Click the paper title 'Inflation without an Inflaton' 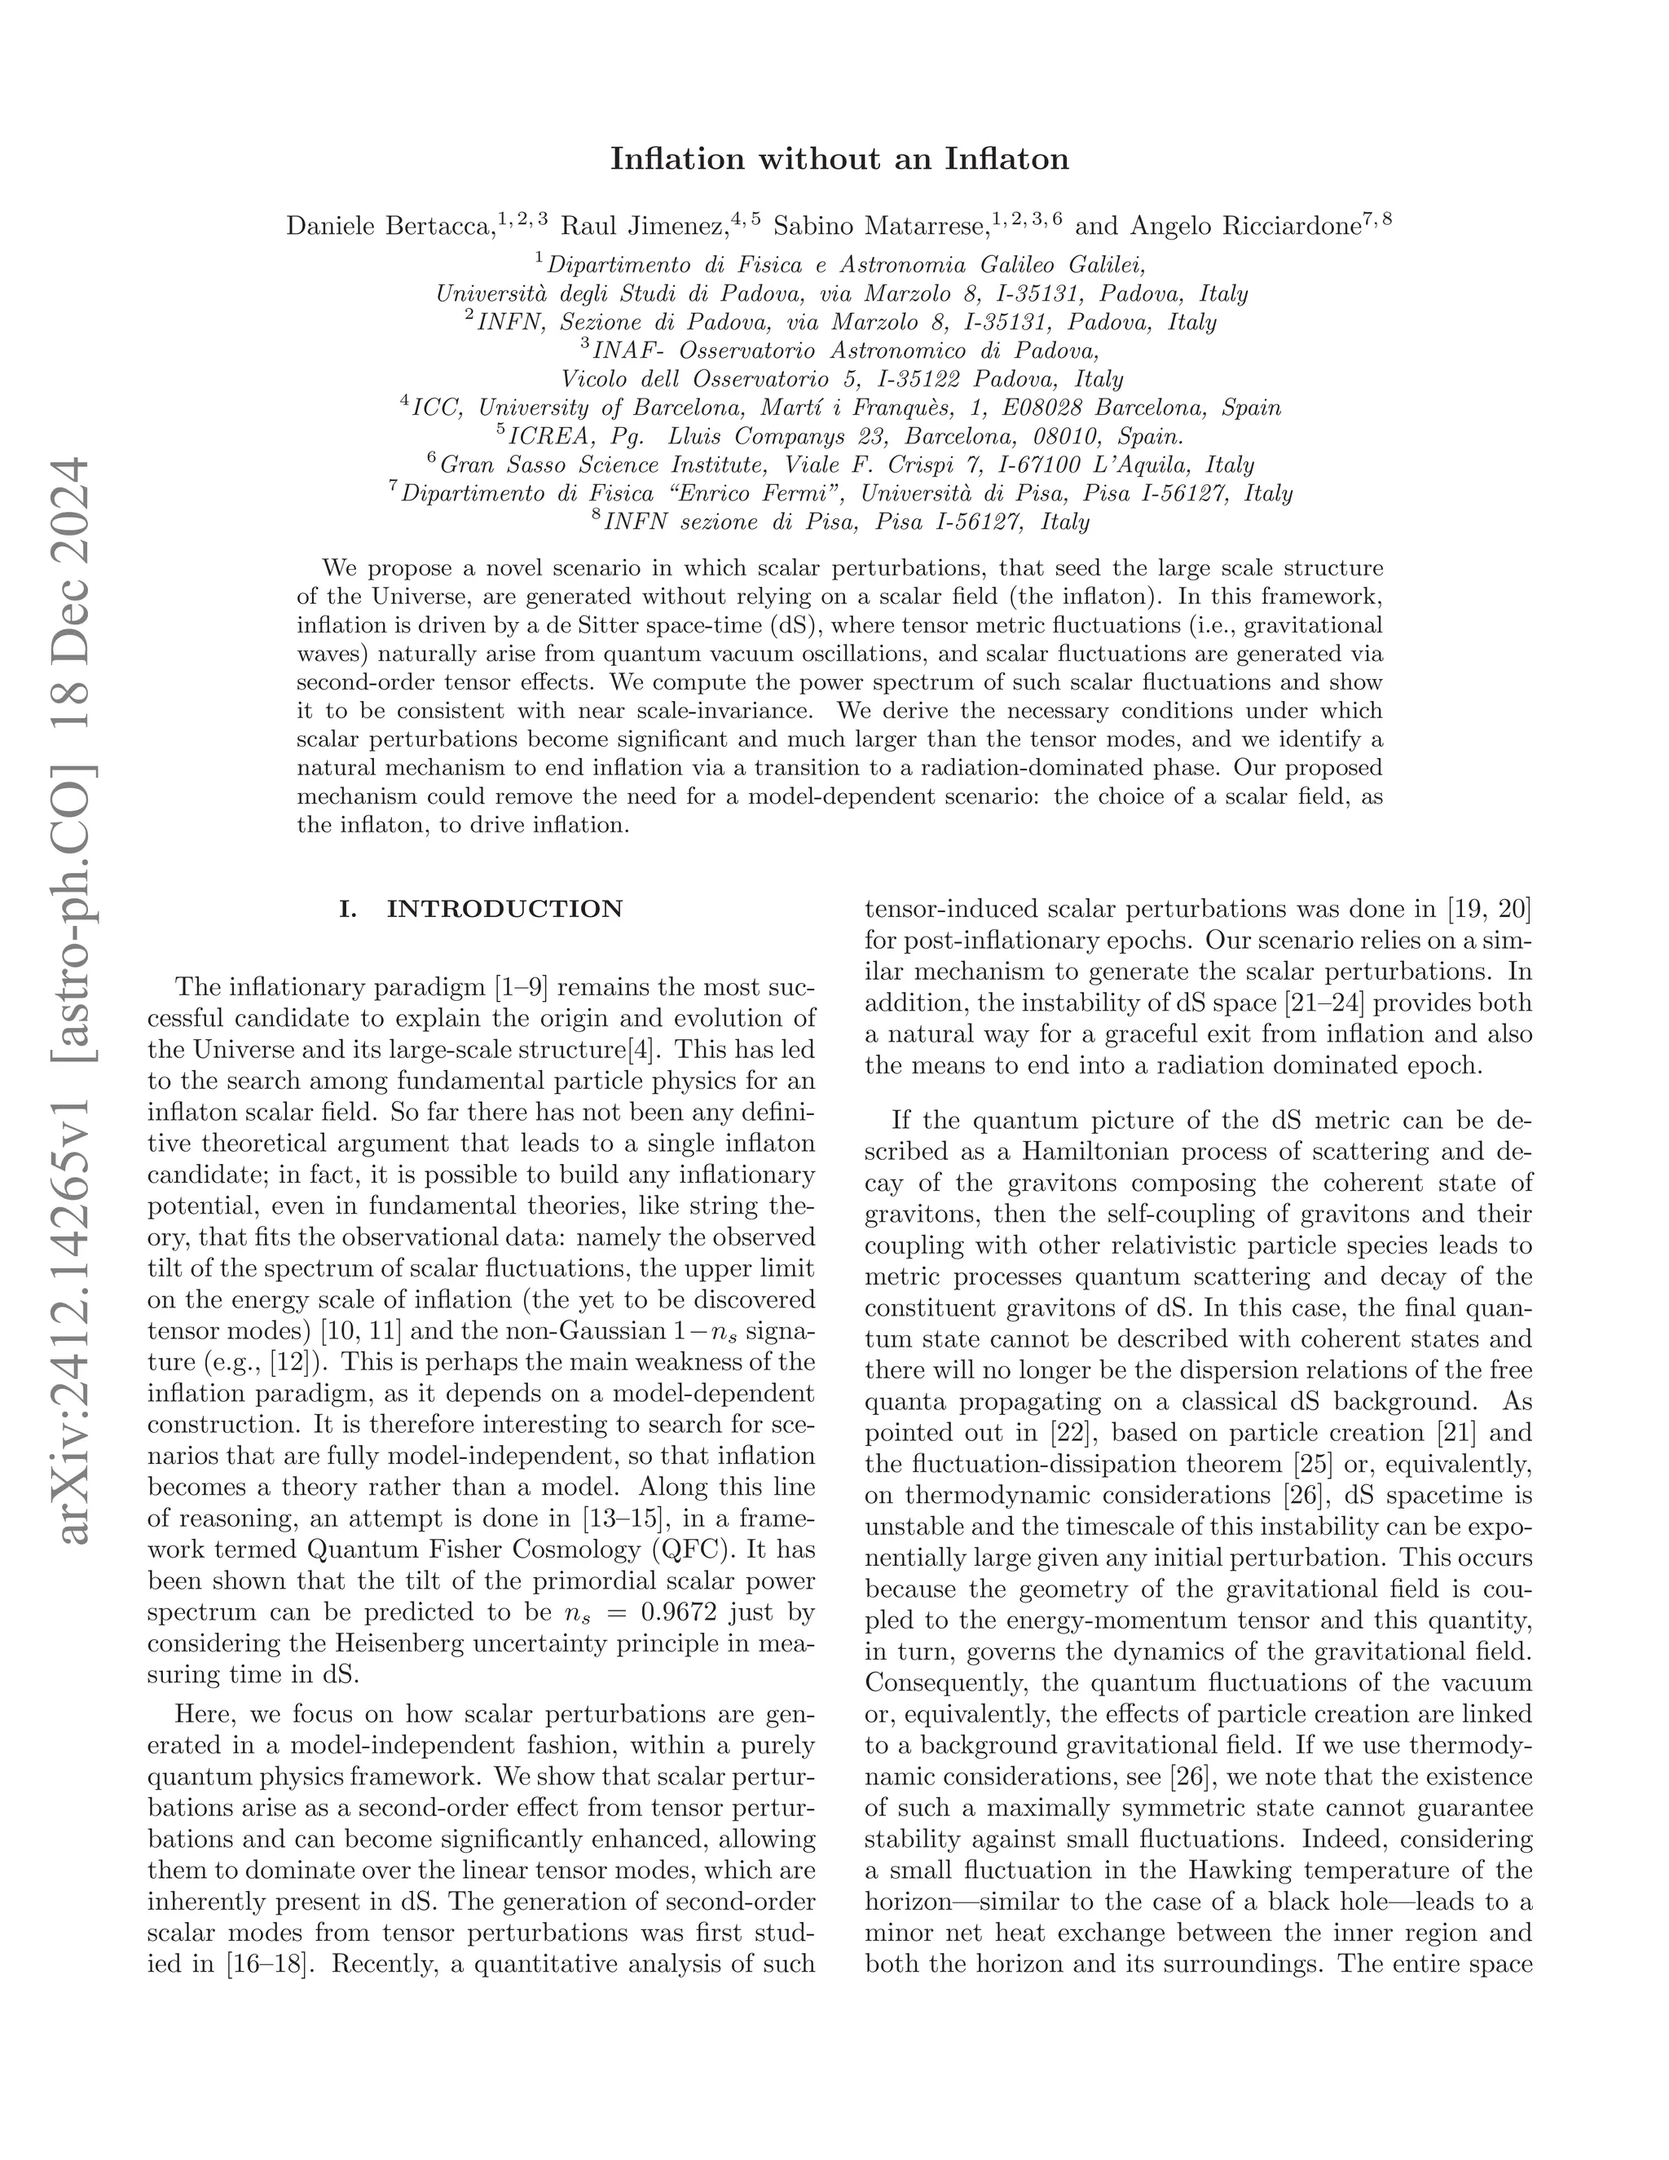pos(839,159)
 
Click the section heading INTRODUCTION pos(504,909)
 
